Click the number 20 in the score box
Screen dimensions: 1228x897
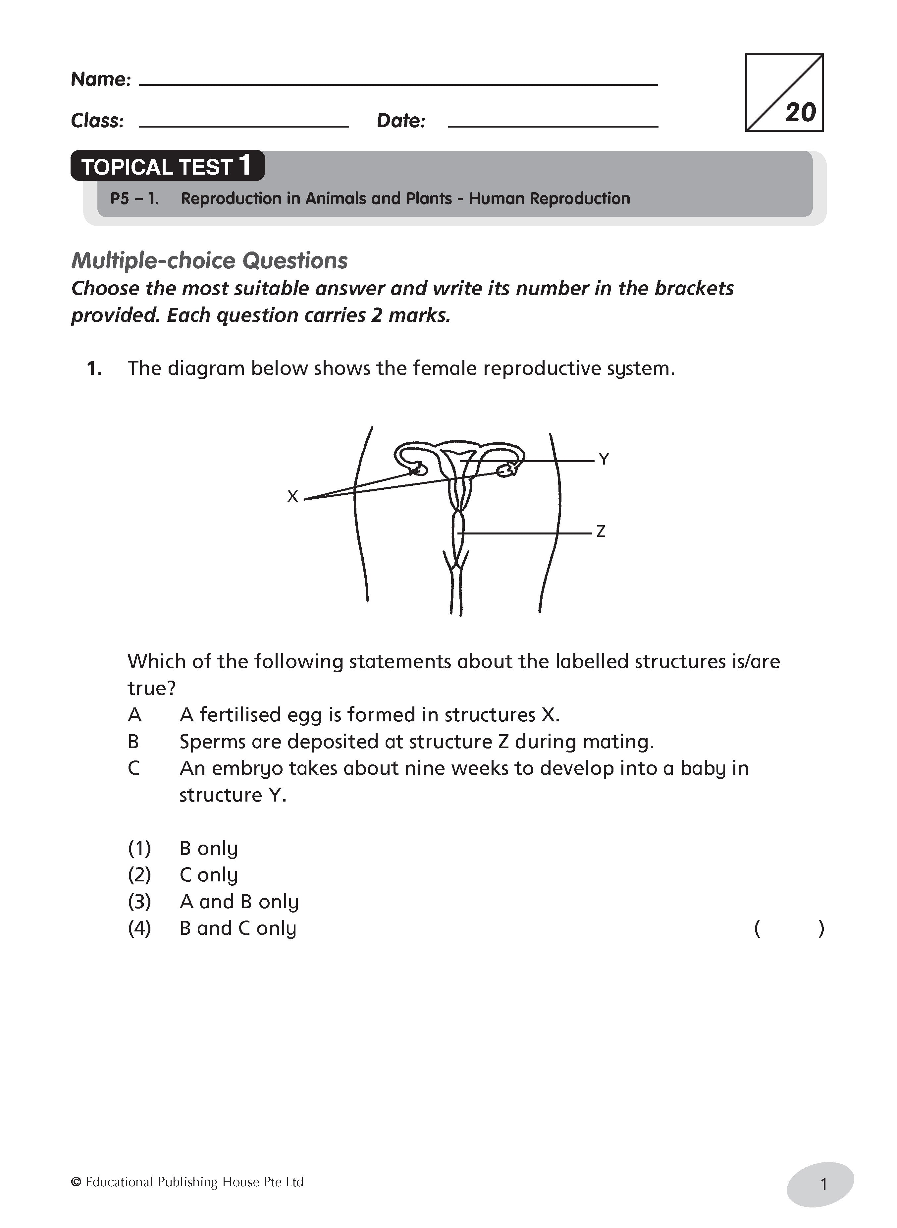click(x=800, y=112)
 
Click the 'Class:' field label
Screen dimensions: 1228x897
click(x=97, y=121)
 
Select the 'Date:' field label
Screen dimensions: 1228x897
click(x=401, y=121)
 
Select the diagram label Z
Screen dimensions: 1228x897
click(x=601, y=531)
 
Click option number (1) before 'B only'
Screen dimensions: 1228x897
click(x=139, y=848)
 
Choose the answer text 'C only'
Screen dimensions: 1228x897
click(x=208, y=874)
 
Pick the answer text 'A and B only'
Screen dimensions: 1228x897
click(x=239, y=902)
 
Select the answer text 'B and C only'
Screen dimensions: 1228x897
click(x=238, y=928)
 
